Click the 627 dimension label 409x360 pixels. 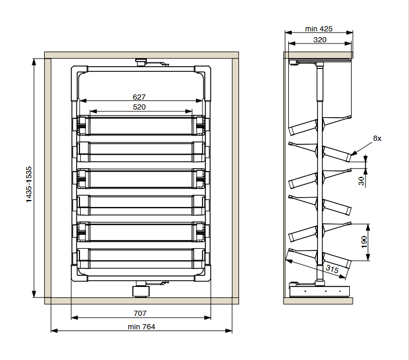139,97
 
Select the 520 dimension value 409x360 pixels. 139,107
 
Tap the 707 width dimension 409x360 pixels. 140,314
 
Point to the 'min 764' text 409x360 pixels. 142,326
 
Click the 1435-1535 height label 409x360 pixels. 28,184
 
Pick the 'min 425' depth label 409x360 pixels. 318,28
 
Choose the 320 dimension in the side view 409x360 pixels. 320,39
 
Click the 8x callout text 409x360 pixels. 377,139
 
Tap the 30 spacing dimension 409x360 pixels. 361,181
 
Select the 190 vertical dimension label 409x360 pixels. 364,242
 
